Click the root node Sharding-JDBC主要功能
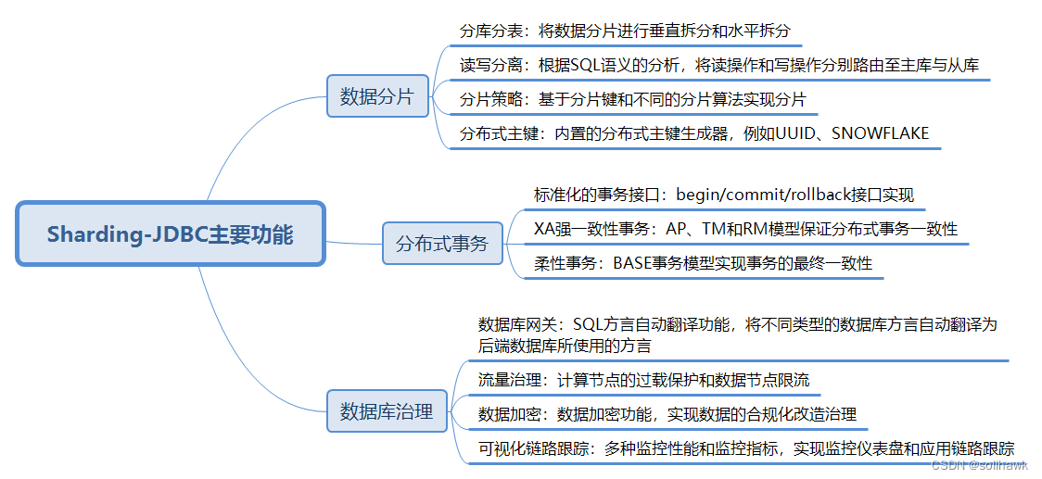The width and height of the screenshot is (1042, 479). point(171,234)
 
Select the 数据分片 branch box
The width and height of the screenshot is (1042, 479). point(377,95)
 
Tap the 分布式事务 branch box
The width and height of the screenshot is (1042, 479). point(442,245)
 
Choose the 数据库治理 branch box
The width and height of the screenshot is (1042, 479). point(387,411)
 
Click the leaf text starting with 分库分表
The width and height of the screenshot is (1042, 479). point(626,31)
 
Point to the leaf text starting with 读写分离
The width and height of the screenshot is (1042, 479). point(719,65)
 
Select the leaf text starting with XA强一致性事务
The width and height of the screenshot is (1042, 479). point(746,229)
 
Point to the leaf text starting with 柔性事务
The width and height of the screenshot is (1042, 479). point(704,263)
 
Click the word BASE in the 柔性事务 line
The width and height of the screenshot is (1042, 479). point(633,263)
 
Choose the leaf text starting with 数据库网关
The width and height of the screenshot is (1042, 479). point(737,334)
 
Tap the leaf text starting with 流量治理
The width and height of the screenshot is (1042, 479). point(643,380)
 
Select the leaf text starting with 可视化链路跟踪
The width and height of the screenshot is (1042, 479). point(746,447)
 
